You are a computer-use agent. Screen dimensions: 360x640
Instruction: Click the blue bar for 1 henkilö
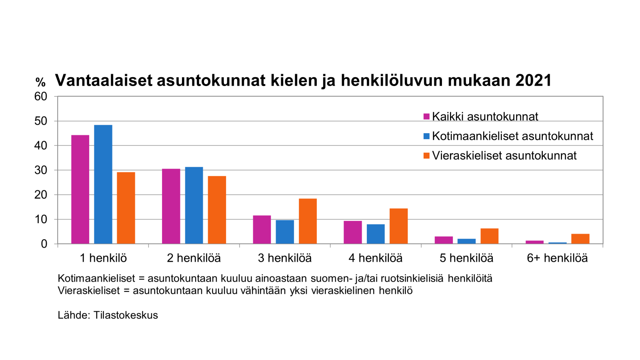click(x=103, y=184)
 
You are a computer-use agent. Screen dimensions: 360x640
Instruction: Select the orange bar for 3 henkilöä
click(x=308, y=221)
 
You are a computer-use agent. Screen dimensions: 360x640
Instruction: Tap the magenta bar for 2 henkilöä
click(x=171, y=206)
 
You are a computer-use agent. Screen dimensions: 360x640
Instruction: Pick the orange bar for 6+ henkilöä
click(x=580, y=239)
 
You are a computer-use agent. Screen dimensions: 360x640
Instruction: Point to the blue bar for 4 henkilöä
click(x=376, y=234)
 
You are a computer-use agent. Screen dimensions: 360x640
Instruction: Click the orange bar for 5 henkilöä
click(x=489, y=236)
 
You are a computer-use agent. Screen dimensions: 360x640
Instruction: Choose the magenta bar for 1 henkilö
click(x=80, y=190)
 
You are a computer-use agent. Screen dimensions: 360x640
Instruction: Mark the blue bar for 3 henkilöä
click(x=285, y=232)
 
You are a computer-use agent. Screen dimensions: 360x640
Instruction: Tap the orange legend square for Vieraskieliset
click(x=426, y=156)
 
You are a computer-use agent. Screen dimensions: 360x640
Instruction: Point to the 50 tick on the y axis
click(x=41, y=121)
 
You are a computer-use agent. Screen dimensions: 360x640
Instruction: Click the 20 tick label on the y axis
click(x=41, y=195)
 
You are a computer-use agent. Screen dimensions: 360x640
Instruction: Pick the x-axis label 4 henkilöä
click(x=375, y=258)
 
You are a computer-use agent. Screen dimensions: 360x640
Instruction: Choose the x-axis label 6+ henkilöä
click(x=557, y=258)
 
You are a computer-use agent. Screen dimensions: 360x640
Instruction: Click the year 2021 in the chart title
click(x=534, y=80)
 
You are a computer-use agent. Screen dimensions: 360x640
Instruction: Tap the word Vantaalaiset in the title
click(x=104, y=80)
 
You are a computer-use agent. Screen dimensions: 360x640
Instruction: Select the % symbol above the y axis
click(x=40, y=82)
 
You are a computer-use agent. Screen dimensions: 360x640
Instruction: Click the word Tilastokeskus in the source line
click(x=126, y=315)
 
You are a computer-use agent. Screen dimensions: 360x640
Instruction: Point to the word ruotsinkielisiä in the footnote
click(x=412, y=278)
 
